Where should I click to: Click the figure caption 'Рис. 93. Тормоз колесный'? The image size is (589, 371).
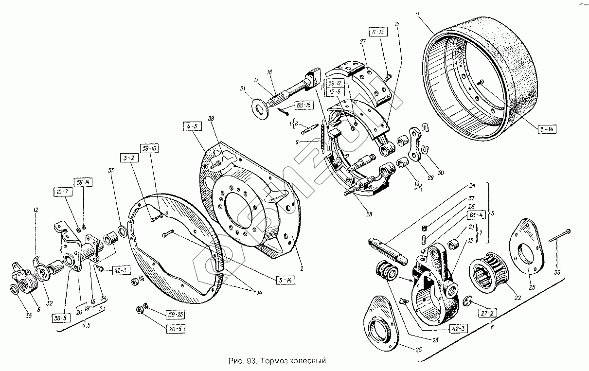pos(276,361)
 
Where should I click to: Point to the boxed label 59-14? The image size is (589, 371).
pos(83,182)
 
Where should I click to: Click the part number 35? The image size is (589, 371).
pos(15,316)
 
